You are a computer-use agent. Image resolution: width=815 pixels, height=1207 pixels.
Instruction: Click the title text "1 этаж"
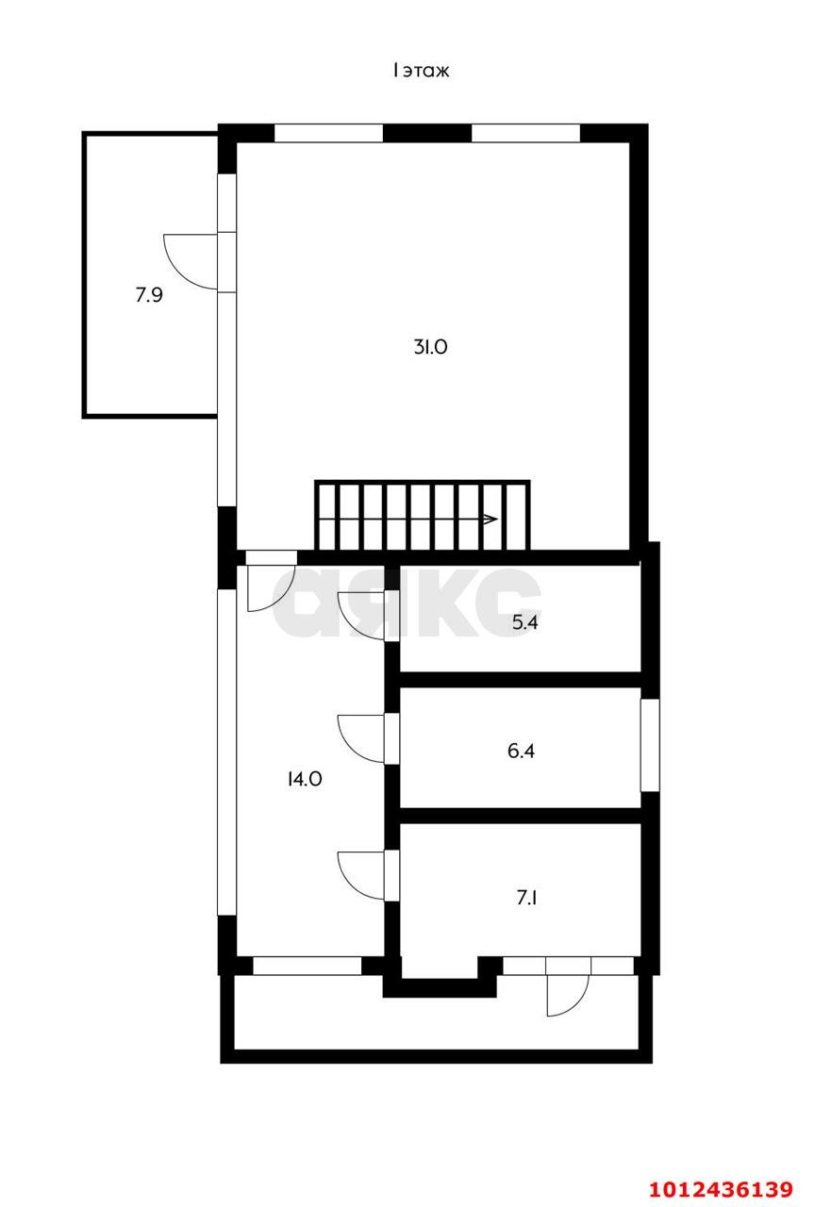[x=422, y=71]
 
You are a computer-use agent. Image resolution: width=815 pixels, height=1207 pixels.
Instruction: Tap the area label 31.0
[x=429, y=347]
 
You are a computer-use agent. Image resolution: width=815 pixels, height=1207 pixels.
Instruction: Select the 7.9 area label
[x=149, y=295]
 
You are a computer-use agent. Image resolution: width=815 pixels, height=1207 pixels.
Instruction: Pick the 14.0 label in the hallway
[x=305, y=779]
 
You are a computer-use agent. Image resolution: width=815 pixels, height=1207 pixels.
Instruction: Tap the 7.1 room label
[x=527, y=898]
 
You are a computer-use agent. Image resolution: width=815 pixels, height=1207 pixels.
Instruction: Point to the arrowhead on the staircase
[x=490, y=519]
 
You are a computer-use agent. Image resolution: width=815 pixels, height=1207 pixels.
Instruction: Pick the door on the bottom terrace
[x=566, y=994]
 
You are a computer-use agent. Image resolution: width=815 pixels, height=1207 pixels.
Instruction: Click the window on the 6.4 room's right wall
[x=650, y=745]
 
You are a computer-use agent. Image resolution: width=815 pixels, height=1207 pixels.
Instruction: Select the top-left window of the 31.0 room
[x=328, y=133]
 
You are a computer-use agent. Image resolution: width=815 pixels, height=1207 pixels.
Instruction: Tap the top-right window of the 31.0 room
[x=524, y=133]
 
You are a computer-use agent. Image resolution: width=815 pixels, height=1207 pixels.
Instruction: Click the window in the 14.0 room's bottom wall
[x=308, y=966]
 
